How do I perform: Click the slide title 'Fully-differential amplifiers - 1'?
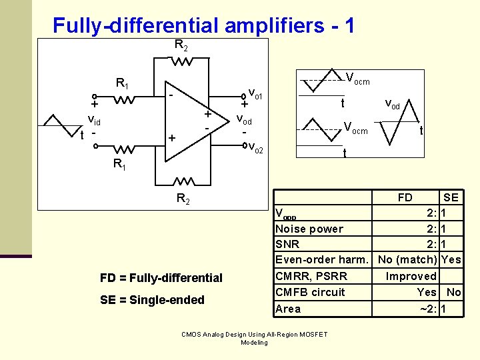[203, 25]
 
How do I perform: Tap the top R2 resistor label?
[181, 45]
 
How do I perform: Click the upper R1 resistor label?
[123, 84]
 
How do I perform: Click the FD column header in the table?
[405, 197]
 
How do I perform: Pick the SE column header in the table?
[451, 197]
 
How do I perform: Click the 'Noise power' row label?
[309, 229]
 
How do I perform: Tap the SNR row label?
[287, 245]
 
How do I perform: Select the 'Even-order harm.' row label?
[321, 260]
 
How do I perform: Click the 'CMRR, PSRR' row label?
[311, 276]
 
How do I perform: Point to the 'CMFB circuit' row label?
[310, 292]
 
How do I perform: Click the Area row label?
[288, 309]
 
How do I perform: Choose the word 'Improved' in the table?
[411, 276]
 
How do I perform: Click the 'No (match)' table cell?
[407, 260]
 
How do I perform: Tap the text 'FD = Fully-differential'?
[161, 277]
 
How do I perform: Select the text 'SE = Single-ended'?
[152, 300]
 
